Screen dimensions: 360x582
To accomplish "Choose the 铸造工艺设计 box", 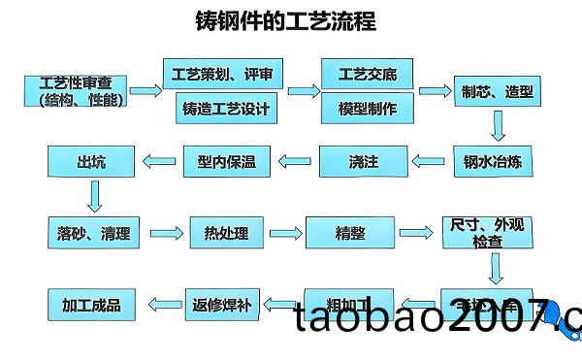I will (225, 108).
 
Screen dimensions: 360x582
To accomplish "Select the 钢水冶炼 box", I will (493, 161).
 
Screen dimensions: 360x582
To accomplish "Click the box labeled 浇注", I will (362, 161).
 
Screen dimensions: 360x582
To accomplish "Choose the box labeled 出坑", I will (90, 161).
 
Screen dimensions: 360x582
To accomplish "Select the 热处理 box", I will (226, 233).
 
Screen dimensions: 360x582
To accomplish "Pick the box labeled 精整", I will (349, 233).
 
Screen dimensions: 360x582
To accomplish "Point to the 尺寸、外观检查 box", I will (486, 233).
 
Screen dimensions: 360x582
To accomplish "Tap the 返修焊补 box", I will (225, 305).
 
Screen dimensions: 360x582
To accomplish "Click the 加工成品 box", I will (91, 305).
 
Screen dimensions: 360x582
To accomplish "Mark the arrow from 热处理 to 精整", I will (282, 233).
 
